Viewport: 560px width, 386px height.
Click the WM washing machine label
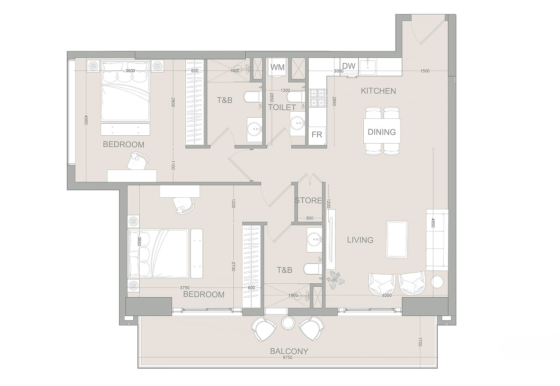click(277, 67)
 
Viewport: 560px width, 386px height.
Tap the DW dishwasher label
click(349, 66)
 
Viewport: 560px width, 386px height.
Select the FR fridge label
click(317, 135)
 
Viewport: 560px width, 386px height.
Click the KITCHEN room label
click(378, 91)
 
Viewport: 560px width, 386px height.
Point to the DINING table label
click(382, 132)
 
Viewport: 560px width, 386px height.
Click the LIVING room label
click(360, 240)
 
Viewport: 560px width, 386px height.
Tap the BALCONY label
click(289, 351)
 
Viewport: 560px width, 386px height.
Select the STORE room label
click(308, 200)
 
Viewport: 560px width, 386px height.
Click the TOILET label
click(282, 107)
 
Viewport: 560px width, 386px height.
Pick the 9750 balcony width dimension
click(288, 357)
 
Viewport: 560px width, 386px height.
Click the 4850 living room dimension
click(433, 223)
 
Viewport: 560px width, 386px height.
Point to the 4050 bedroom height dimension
click(86, 120)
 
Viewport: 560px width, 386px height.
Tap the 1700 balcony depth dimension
click(420, 342)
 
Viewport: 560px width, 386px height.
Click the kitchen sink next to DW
click(367, 67)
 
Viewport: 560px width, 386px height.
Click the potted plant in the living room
click(335, 280)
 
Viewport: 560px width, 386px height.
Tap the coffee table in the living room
click(397, 239)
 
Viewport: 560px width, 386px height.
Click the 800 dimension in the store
click(310, 218)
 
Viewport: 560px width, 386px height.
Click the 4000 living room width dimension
click(387, 295)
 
